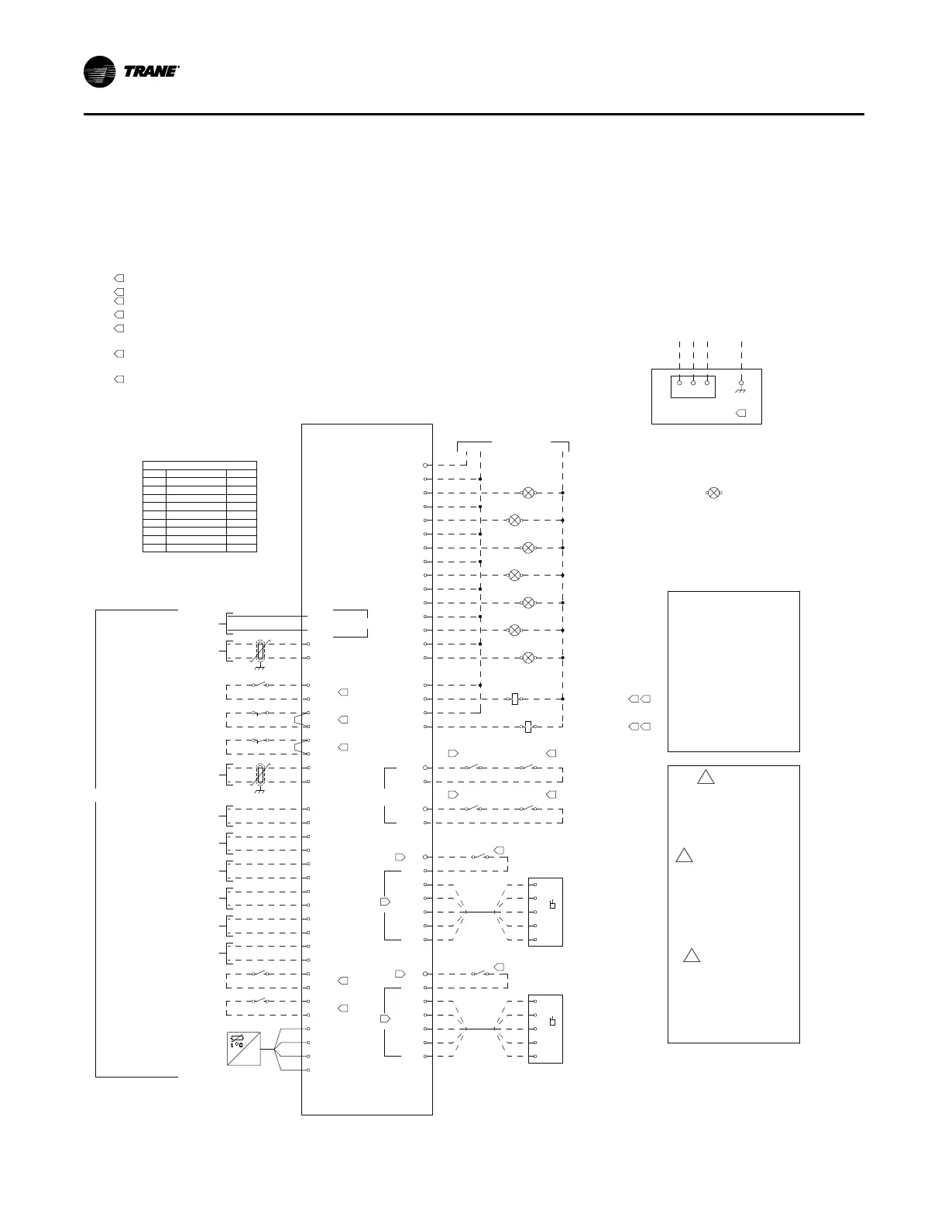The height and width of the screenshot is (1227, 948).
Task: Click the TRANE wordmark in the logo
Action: [152, 73]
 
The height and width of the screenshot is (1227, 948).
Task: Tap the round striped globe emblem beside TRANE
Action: [100, 73]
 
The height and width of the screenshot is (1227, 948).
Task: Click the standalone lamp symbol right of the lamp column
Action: [714, 493]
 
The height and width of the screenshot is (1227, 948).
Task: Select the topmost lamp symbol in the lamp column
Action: [528, 493]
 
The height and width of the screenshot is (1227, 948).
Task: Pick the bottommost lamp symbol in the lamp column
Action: [528, 658]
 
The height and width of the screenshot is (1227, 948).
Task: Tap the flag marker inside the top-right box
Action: [740, 413]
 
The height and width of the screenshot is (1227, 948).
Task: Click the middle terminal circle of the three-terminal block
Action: [693, 382]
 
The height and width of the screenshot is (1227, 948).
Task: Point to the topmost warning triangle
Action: [705, 777]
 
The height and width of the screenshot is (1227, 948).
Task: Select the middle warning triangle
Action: [683, 856]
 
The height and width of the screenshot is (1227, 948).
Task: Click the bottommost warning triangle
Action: [692, 955]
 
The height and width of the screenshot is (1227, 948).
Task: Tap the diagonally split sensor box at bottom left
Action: [244, 1048]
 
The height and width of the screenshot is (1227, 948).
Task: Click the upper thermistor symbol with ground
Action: [260, 651]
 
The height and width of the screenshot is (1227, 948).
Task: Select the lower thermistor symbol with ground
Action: [260, 775]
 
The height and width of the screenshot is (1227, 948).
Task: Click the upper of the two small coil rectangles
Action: [515, 699]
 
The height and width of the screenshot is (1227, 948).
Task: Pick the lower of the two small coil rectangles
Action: [527, 727]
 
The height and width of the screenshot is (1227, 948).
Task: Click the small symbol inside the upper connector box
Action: [552, 905]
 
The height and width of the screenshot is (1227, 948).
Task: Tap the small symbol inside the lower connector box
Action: [552, 1021]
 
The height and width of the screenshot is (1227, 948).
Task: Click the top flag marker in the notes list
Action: [119, 277]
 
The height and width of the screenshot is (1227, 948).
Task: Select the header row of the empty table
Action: [200, 465]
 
